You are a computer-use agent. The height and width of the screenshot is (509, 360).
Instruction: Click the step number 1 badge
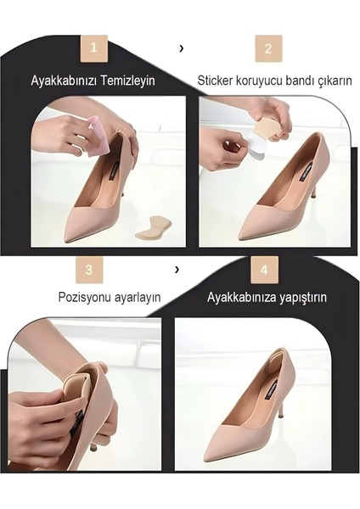[93, 48]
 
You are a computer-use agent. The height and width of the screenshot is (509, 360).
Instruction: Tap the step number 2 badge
[268, 48]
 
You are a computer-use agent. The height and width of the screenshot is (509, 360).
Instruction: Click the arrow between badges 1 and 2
[182, 48]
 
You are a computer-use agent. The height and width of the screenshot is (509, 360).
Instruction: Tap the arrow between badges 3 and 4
[177, 270]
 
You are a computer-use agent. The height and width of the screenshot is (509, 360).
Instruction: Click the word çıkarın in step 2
[332, 81]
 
